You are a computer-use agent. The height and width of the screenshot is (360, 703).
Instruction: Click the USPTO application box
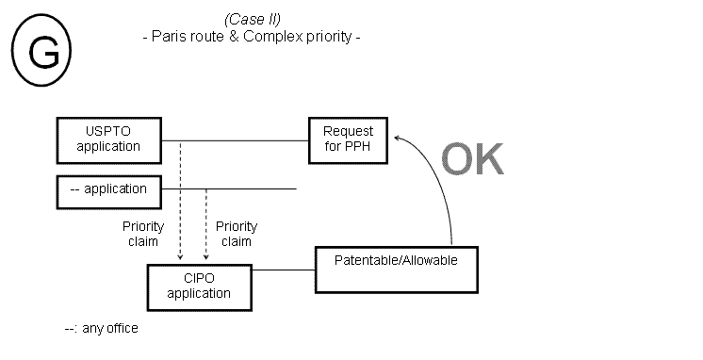point(108,139)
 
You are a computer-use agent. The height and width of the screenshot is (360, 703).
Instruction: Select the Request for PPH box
point(348,139)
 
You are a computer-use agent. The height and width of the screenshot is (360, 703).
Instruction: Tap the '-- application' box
point(108,189)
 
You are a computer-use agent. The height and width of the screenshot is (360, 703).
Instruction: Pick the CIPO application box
point(199,286)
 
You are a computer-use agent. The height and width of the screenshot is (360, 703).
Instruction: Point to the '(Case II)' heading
point(252,20)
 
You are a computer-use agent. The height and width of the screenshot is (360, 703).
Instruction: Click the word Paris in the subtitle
point(172,38)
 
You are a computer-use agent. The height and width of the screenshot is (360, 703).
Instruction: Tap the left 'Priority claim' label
point(143,234)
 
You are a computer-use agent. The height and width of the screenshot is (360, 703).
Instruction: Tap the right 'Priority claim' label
point(237,234)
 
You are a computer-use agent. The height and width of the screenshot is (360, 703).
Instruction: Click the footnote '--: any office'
point(101,328)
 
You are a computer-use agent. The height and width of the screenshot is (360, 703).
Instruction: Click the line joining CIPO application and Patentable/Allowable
point(283,270)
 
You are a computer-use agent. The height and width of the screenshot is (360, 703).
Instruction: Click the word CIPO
point(199,279)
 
